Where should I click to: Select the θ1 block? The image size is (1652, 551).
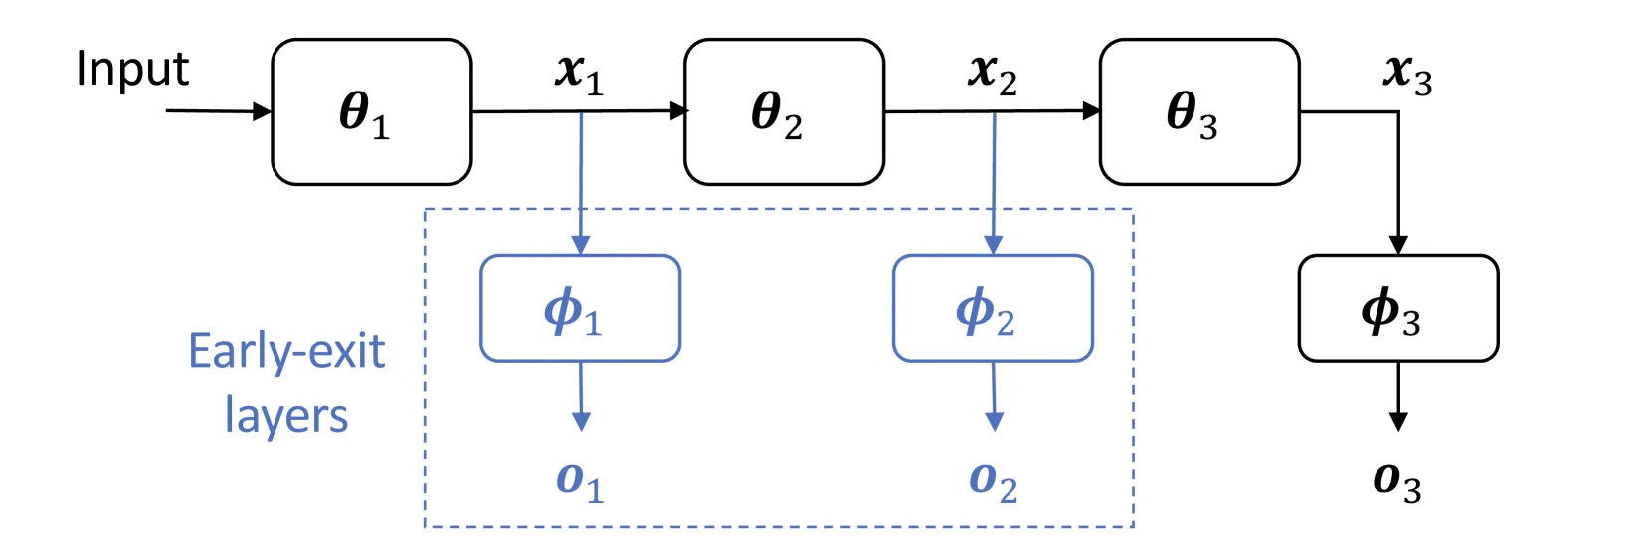pyautogui.click(x=372, y=112)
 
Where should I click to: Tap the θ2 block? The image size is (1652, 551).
pyautogui.click(x=784, y=112)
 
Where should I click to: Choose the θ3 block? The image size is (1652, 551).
pyautogui.click(x=1199, y=112)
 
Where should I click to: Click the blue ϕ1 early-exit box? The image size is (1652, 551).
pyautogui.click(x=581, y=308)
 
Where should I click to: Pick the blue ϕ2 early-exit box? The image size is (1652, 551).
pyautogui.click(x=993, y=308)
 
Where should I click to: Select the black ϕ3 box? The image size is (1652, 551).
pyautogui.click(x=1398, y=308)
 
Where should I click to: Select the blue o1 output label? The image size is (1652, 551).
pyautogui.click(x=581, y=483)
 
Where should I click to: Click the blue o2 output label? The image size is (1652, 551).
pyautogui.click(x=993, y=483)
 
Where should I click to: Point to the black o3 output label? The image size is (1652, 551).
pyautogui.click(x=1396, y=483)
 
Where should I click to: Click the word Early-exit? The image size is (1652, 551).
pyautogui.click(x=286, y=351)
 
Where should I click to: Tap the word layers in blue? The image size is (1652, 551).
pyautogui.click(x=286, y=416)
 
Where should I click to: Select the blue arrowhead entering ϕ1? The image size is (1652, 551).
pyautogui.click(x=581, y=245)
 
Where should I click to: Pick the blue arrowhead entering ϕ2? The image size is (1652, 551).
pyautogui.click(x=993, y=245)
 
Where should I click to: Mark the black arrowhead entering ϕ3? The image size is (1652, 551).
pyautogui.click(x=1398, y=245)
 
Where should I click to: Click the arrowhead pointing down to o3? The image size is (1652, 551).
pyautogui.click(x=1398, y=422)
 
